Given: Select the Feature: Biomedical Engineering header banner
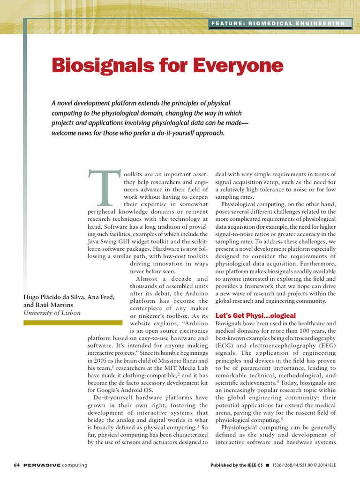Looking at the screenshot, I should (x=278, y=23).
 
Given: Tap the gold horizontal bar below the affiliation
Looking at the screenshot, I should (x=73, y=323).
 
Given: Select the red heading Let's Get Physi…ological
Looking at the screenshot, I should (x=255, y=315).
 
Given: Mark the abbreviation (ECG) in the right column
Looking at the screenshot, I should (x=223, y=345).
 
